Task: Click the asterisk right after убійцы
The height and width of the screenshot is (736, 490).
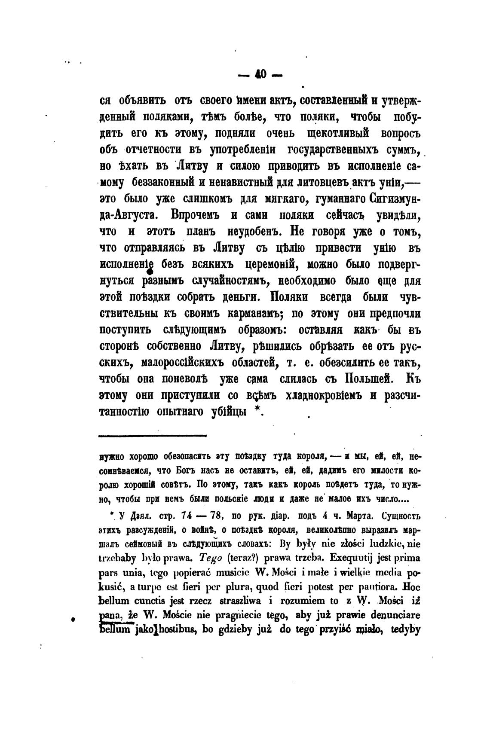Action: click(257, 410)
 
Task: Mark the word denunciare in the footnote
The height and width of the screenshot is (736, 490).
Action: click(392, 615)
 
